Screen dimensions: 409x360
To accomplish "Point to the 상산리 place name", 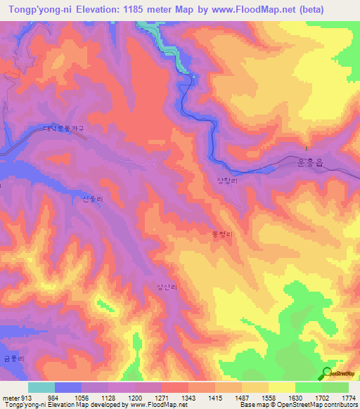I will tap(167, 287).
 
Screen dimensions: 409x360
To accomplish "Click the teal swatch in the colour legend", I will tap(41, 387).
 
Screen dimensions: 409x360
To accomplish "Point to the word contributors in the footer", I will tap(340, 405).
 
